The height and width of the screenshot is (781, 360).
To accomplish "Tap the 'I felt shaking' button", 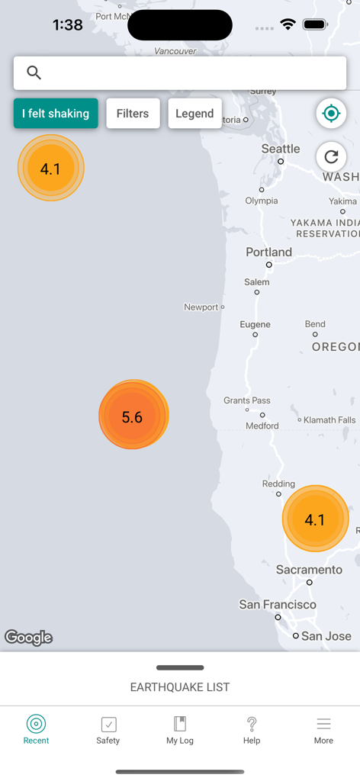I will pyautogui.click(x=56, y=114).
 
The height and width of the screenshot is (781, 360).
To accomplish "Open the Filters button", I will pyautogui.click(x=133, y=114).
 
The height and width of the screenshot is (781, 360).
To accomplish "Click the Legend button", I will pyautogui.click(x=194, y=114).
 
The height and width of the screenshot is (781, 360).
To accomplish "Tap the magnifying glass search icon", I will pyautogui.click(x=34, y=72).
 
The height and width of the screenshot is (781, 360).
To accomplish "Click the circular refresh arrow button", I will pyautogui.click(x=331, y=157).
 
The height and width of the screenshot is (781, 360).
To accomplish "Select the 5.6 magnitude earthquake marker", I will pyautogui.click(x=133, y=416).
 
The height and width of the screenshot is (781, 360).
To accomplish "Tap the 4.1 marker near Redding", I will pyautogui.click(x=315, y=519).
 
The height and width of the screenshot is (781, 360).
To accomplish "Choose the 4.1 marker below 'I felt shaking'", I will pyautogui.click(x=50, y=168).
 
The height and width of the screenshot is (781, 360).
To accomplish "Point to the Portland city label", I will pyautogui.click(x=268, y=252).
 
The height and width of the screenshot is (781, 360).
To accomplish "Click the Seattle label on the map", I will pyautogui.click(x=281, y=149).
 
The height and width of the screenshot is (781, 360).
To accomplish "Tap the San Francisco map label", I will pyautogui.click(x=278, y=604).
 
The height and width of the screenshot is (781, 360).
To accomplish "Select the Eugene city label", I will pyautogui.click(x=255, y=324).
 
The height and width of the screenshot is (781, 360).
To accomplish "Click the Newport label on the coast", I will pyautogui.click(x=201, y=307).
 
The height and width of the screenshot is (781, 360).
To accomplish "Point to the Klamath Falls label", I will pyautogui.click(x=329, y=419).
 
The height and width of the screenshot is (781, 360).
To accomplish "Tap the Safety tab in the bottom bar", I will pyautogui.click(x=108, y=730).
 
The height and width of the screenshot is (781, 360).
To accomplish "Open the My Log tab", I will pyautogui.click(x=180, y=730).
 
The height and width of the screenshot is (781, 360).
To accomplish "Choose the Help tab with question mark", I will pyautogui.click(x=252, y=730).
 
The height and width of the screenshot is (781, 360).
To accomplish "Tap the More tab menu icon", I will pyautogui.click(x=323, y=730).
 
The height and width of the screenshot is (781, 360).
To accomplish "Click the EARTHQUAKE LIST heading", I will pyautogui.click(x=180, y=687).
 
